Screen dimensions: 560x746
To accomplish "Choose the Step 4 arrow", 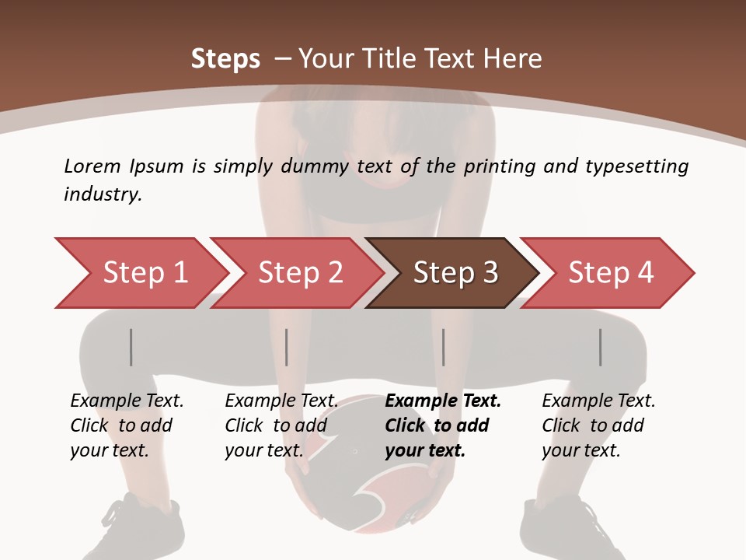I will [x=610, y=273].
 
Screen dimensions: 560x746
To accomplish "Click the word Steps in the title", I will [x=225, y=58].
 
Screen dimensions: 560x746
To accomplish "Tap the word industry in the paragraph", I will [x=103, y=194].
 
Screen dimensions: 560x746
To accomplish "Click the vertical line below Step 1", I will [x=131, y=347].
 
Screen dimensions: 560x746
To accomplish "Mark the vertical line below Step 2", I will [x=287, y=347].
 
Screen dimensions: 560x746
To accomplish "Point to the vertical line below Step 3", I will [x=443, y=347].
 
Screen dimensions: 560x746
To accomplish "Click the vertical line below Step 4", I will [x=600, y=347].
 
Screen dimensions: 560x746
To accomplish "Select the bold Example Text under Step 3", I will [x=443, y=401].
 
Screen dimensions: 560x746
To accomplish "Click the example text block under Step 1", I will [x=127, y=425].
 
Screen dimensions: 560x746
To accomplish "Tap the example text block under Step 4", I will [x=598, y=425].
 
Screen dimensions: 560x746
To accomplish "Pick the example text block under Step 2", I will [x=281, y=425].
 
